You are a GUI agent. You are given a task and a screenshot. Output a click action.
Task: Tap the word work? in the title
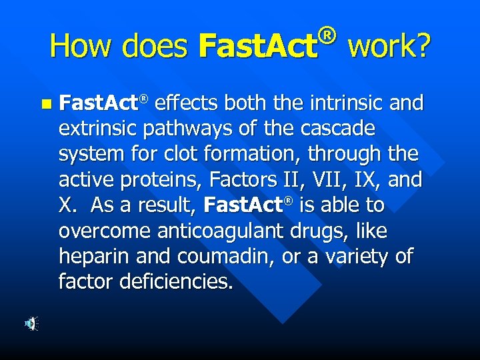point(389,46)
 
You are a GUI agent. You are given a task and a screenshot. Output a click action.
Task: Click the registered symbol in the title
point(326,31)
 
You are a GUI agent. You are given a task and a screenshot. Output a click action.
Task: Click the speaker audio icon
point(31,324)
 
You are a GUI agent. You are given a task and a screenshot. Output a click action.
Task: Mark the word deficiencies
point(177,282)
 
